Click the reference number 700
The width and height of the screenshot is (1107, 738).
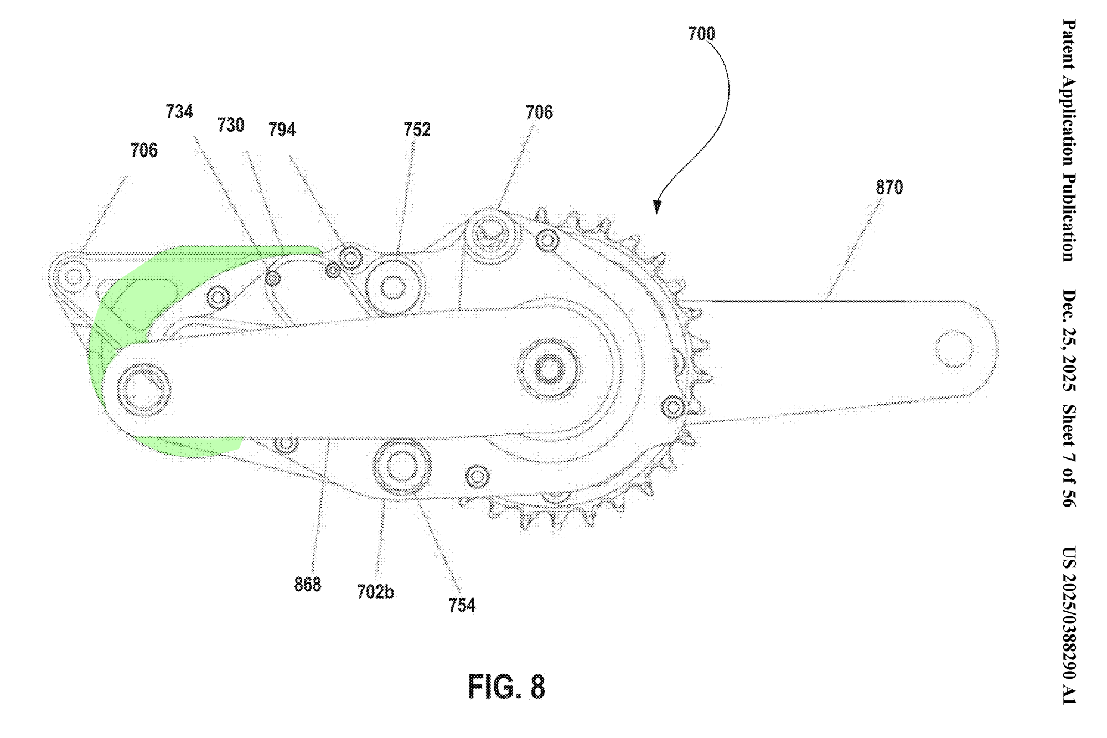pyautogui.click(x=701, y=34)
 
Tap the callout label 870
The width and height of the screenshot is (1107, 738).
pyautogui.click(x=889, y=188)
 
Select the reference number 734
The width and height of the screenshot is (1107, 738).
pyautogui.click(x=179, y=112)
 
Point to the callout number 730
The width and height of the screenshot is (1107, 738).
pyautogui.click(x=230, y=125)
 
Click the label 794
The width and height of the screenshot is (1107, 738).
pyautogui.click(x=282, y=130)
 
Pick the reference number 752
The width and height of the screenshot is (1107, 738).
pyautogui.click(x=417, y=130)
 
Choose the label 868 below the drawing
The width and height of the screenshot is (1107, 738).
pyautogui.click(x=307, y=585)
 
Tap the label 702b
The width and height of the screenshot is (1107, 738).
pyautogui.click(x=375, y=592)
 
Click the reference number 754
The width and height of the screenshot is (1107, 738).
pyautogui.click(x=462, y=605)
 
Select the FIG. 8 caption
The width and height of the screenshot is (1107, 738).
pyautogui.click(x=506, y=687)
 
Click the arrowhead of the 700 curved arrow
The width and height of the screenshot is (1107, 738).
pyautogui.click(x=657, y=207)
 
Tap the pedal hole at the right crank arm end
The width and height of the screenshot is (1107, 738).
pyautogui.click(x=954, y=349)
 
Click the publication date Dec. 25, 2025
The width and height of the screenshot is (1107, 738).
pyautogui.click(x=1069, y=340)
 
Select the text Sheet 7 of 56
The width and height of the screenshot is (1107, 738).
pyautogui.click(x=1069, y=455)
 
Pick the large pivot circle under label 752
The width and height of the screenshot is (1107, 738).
pyautogui.click(x=393, y=287)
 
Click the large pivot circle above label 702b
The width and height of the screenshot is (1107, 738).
pyautogui.click(x=402, y=466)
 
